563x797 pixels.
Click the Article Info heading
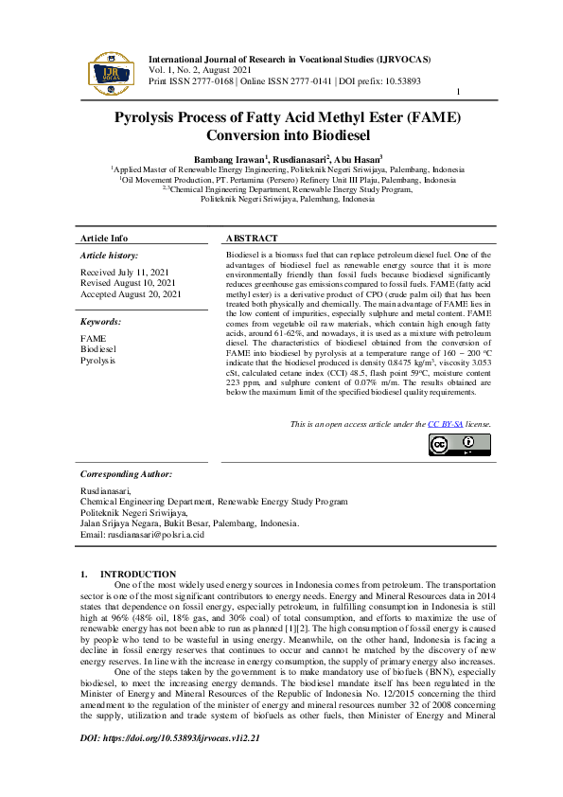[104, 239]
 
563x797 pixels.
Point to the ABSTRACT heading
[252, 239]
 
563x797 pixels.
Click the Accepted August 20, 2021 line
[131, 294]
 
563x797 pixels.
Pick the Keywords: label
[101, 322]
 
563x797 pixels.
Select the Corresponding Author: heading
[126, 473]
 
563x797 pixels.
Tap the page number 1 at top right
[458, 92]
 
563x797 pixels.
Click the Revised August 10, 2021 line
[128, 283]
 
